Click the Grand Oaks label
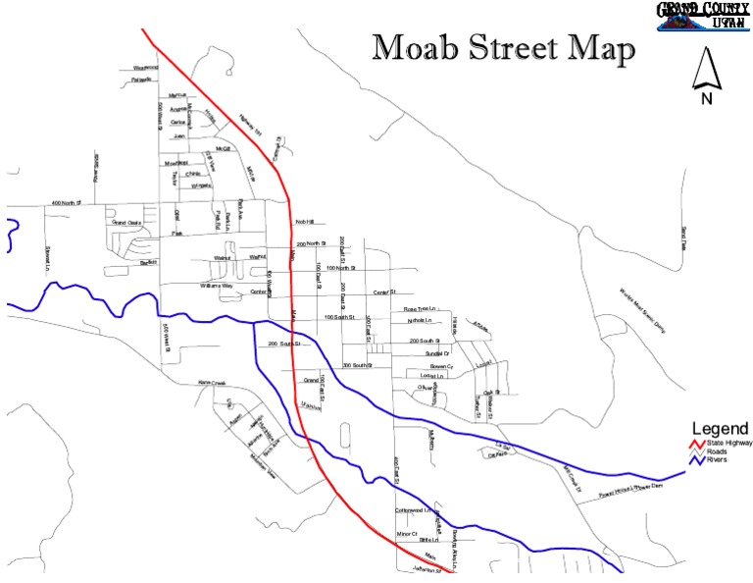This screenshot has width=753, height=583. tap(126, 223)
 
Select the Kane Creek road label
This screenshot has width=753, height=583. tap(212, 383)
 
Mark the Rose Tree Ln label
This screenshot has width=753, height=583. tap(424, 309)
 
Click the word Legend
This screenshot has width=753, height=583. tap(721, 429)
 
